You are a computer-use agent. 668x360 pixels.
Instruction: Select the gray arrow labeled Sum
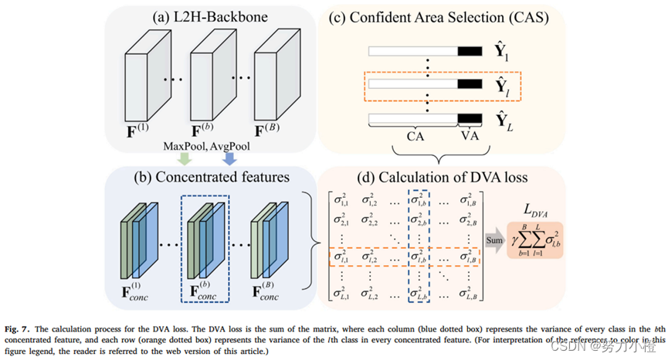coord(494,240)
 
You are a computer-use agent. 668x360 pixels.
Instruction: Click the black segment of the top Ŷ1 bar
coord(468,51)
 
